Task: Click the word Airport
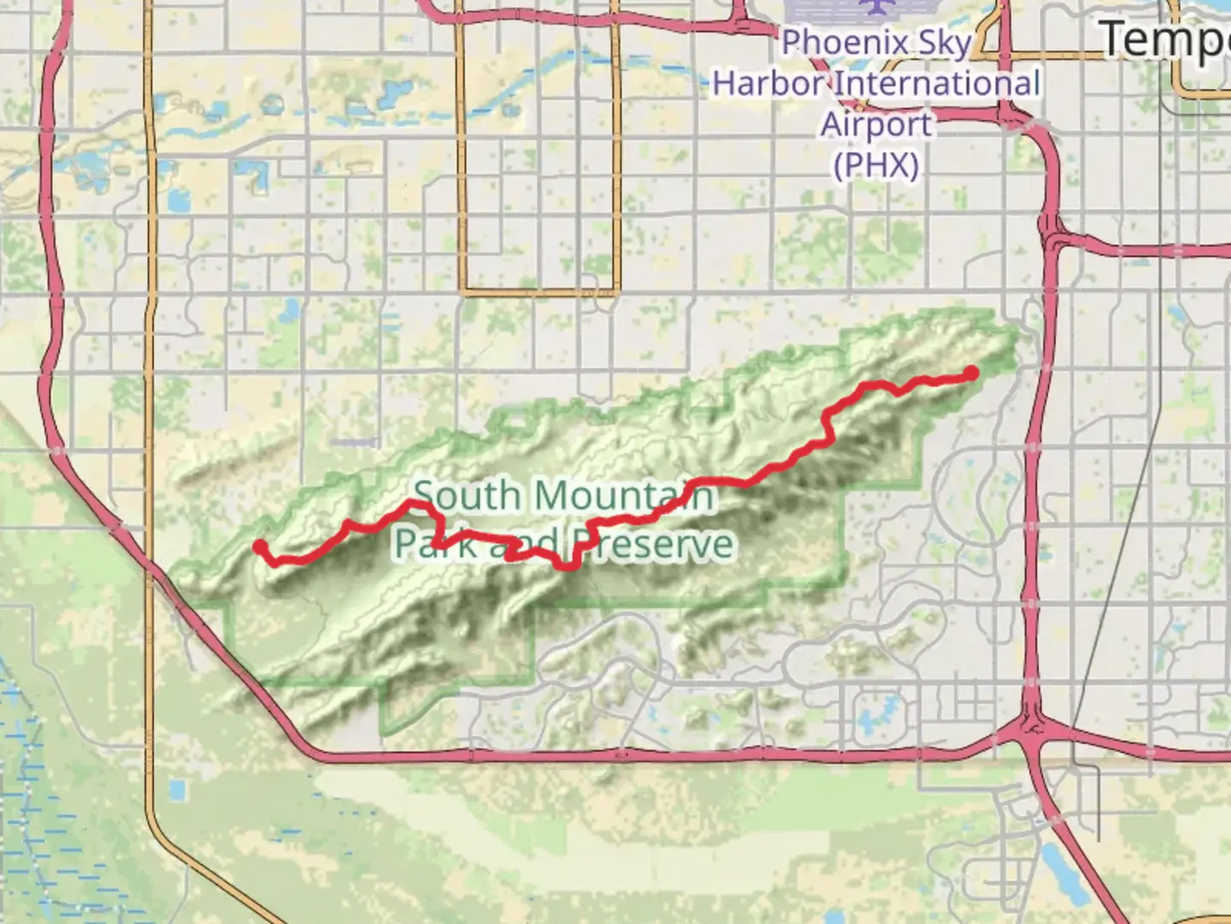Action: [876, 125]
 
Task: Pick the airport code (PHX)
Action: [876, 165]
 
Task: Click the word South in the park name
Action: [467, 496]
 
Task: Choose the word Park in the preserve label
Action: [435, 544]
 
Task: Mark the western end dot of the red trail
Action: [259, 547]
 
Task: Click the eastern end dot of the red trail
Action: [972, 372]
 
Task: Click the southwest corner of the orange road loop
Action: [463, 292]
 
